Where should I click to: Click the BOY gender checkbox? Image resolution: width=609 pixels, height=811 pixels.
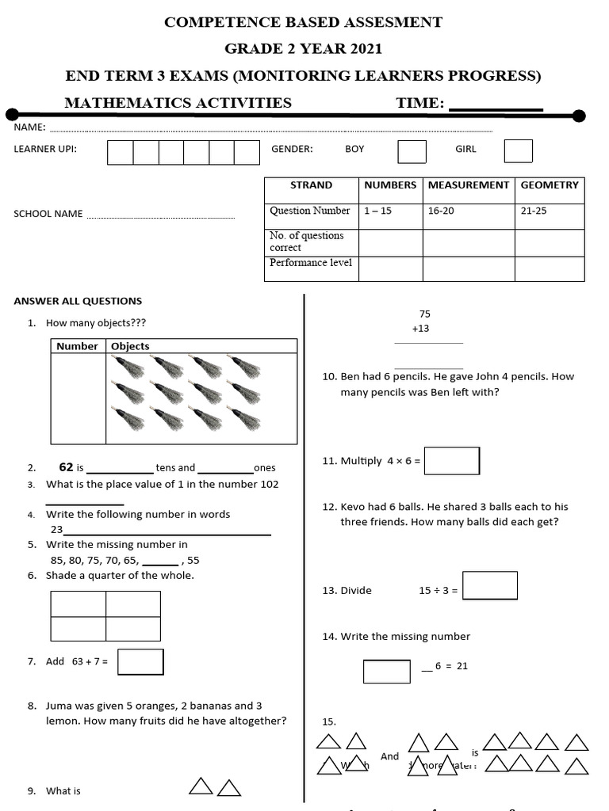[x=412, y=151]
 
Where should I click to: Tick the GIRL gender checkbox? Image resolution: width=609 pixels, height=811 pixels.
[x=518, y=150]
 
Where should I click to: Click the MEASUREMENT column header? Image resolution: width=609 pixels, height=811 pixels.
[x=469, y=185]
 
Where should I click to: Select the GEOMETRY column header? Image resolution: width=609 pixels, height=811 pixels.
[x=550, y=185]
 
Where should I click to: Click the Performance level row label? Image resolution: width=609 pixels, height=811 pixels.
[x=311, y=263]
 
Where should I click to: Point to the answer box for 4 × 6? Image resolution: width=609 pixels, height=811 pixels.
[x=451, y=461]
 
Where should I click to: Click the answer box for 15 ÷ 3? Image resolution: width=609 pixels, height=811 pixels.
[x=489, y=586]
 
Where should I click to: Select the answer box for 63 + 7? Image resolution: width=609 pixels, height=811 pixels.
[x=140, y=662]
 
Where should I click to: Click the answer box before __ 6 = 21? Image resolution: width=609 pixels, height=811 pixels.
[x=387, y=671]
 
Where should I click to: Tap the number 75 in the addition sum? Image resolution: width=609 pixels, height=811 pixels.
[x=424, y=314]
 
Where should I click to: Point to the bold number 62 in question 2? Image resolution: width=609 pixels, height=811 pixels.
[x=66, y=467]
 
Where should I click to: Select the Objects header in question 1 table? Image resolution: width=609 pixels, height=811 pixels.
[x=130, y=346]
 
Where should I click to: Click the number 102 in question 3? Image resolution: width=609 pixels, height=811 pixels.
[x=269, y=485]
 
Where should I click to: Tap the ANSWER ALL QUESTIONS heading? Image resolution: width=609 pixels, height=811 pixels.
[x=78, y=301]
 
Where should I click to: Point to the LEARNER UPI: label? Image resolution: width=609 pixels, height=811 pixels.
[x=45, y=149]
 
